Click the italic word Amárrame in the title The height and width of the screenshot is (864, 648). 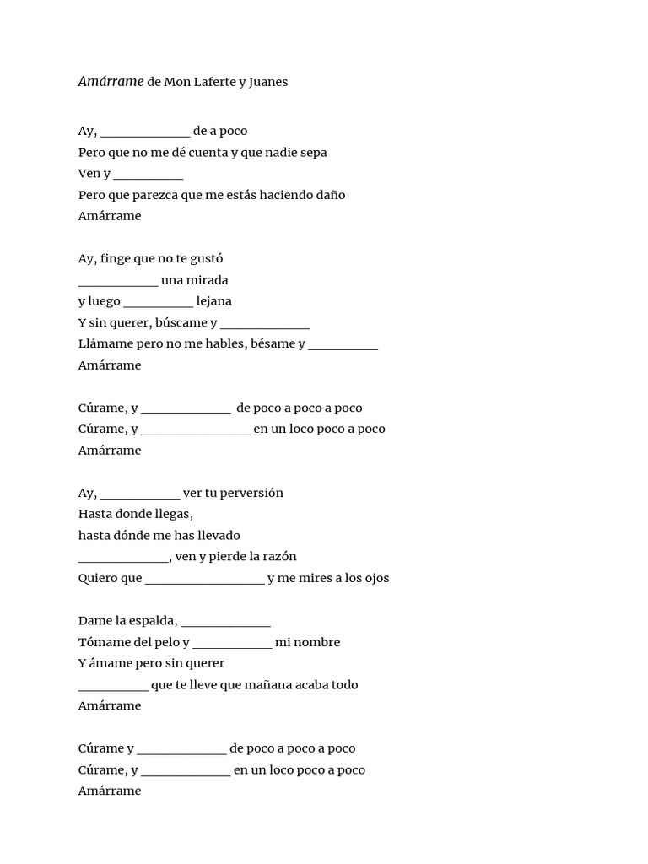(x=111, y=82)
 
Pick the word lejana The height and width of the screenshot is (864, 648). (x=213, y=301)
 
